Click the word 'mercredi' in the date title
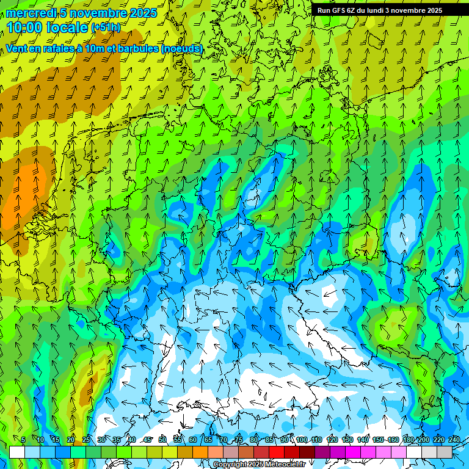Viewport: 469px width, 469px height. click(31, 13)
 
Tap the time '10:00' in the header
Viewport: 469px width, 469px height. click(25, 27)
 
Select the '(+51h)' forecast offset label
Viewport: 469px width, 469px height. click(106, 27)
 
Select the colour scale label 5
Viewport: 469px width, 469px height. click(23, 440)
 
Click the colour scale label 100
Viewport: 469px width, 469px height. click(302, 440)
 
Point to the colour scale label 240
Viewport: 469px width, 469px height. click(454, 440)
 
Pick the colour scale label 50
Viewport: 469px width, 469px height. click(162, 440)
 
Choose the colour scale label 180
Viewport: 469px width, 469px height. click(409, 440)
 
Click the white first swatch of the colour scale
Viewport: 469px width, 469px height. click(17, 452)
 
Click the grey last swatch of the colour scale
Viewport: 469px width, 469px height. click(445, 452)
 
